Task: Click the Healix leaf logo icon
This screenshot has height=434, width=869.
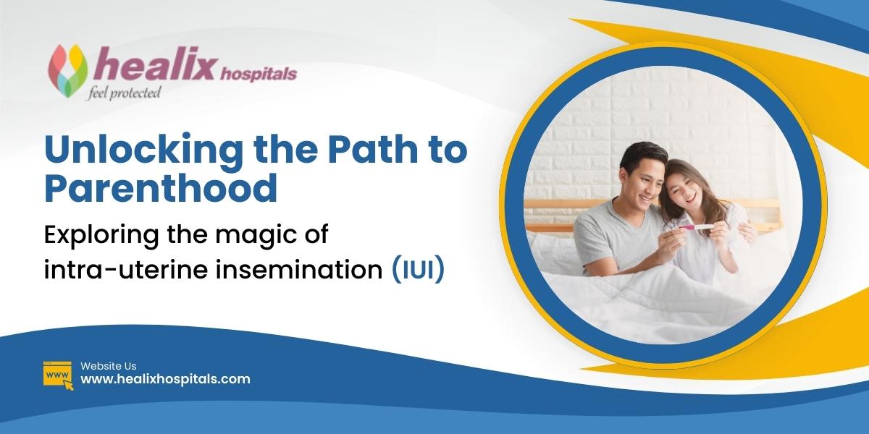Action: click(67, 69)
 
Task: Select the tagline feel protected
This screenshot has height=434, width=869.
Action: click(123, 93)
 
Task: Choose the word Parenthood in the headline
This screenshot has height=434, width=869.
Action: click(161, 187)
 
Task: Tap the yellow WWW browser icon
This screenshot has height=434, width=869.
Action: click(58, 375)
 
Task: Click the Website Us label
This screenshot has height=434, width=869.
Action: click(108, 366)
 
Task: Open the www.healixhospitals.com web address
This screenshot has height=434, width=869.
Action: click(165, 379)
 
